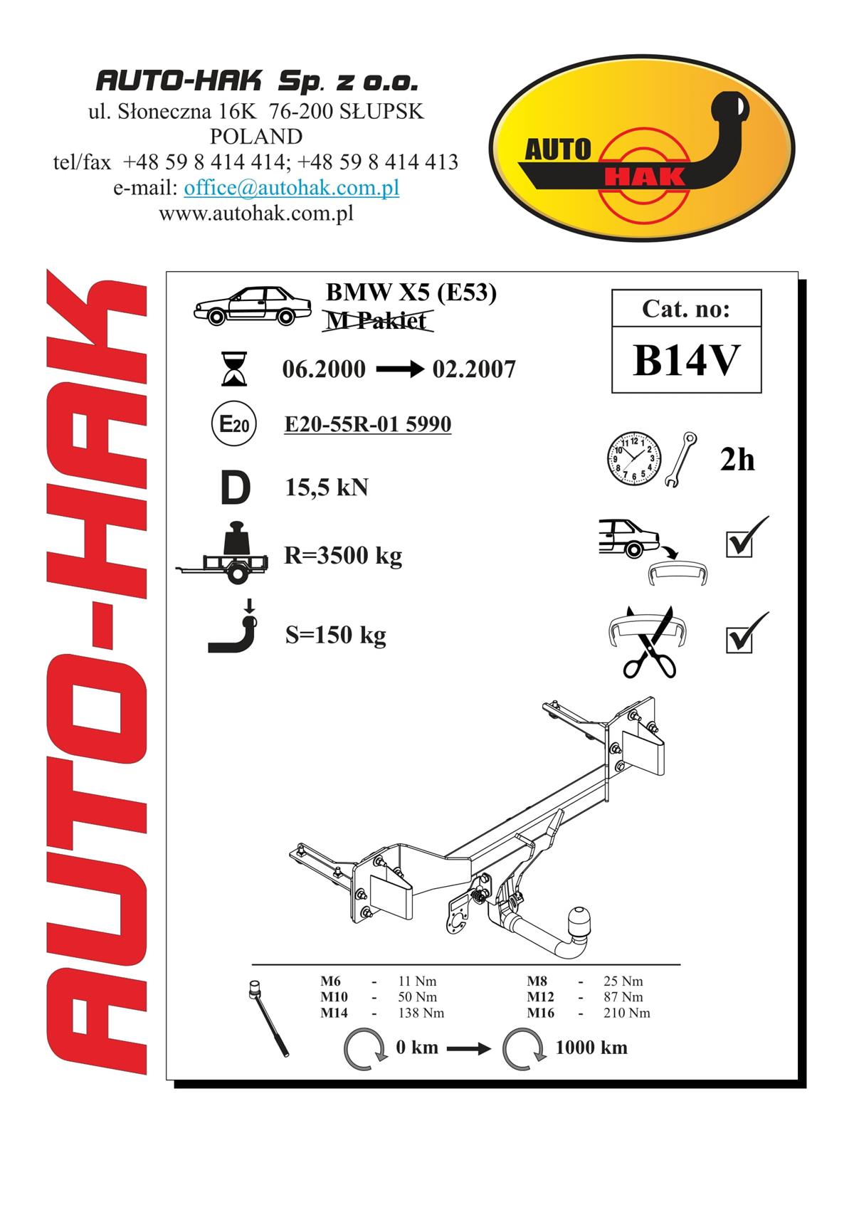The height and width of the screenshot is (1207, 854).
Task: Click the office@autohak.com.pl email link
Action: tap(292, 187)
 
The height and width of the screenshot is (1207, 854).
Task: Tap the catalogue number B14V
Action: tap(686, 360)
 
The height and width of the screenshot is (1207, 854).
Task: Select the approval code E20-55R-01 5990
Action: tap(368, 424)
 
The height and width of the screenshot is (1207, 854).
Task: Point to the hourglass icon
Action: tap(234, 369)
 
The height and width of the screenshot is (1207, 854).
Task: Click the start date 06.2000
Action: tap(324, 369)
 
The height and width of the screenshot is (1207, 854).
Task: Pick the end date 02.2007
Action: tap(474, 369)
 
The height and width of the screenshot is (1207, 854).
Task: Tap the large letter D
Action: tap(236, 487)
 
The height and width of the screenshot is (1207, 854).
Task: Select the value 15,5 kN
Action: tap(327, 487)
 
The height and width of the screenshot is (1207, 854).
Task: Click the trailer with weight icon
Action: tap(223, 553)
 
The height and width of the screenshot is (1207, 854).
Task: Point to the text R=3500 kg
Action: tap(343, 556)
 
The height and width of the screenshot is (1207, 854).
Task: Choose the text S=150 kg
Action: tap(336, 635)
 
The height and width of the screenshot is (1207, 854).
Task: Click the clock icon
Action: tap(633, 458)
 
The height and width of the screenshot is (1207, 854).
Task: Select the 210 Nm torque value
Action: tap(627, 1013)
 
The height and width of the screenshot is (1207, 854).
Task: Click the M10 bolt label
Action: tap(334, 997)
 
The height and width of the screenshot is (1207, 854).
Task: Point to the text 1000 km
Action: tap(591, 1048)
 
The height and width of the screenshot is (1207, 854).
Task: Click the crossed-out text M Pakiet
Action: tap(376, 321)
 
